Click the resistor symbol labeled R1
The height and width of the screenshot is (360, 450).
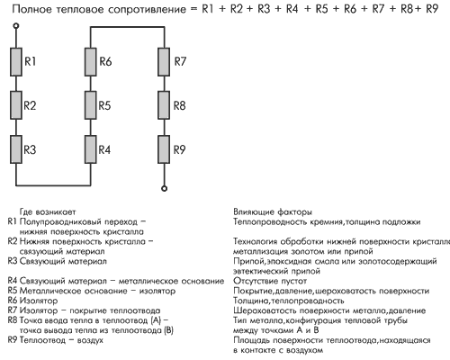coord(16,62)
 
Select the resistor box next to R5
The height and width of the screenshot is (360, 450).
coord(91,105)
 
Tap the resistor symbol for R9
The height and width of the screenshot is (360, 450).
coord(164,149)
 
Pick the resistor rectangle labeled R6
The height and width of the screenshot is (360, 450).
coord(91,62)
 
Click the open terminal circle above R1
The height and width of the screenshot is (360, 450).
coord(16,26)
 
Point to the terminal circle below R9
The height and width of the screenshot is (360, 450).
coord(164,188)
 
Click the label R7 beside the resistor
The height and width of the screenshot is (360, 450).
coord(180,61)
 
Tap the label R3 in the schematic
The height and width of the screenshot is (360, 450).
coord(30,149)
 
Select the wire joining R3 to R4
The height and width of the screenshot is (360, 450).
coord(53,185)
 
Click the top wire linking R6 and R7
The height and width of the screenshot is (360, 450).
coord(128,27)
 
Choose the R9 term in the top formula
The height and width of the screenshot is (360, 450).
coord(432,9)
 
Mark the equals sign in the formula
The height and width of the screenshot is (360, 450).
coord(193,9)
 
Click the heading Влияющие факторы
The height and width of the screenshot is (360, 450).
coord(273,212)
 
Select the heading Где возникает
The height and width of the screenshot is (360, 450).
coord(48,212)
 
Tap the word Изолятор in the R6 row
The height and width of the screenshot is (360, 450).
coord(39,301)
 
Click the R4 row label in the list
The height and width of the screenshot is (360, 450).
coord(13,281)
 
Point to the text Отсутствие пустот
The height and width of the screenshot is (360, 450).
coord(270,281)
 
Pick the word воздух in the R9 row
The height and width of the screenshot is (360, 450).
coord(90,340)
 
